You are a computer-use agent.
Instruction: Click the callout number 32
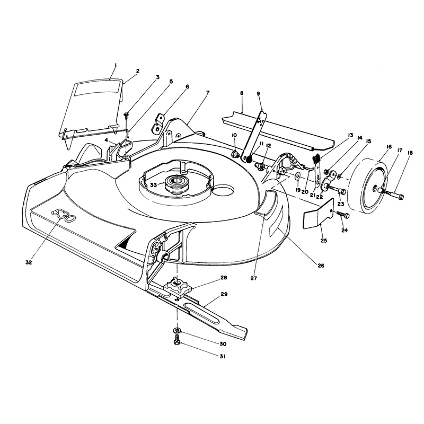29,262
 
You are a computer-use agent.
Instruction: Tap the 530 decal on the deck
63,215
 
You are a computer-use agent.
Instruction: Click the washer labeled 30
176,330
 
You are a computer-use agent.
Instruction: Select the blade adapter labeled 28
177,287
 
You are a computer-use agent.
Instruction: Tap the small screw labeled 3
126,116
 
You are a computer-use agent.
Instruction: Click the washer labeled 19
298,176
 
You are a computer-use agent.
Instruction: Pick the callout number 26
321,266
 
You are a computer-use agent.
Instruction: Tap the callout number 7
208,93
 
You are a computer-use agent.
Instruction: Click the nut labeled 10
235,154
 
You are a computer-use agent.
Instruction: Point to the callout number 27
254,278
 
